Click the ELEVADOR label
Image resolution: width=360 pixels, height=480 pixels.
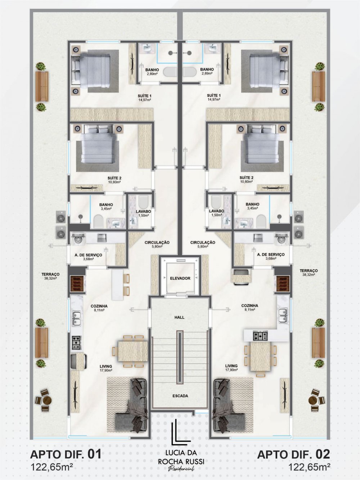pyautogui.click(x=180, y=278)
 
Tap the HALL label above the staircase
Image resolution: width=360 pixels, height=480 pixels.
pyautogui.click(x=179, y=317)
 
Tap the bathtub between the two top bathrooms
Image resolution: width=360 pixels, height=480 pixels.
pyautogui.click(x=180, y=72)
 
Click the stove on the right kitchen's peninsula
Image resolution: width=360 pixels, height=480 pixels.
pyautogui.click(x=260, y=336)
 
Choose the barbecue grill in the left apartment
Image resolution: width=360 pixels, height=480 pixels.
pyautogui.click(x=77, y=283)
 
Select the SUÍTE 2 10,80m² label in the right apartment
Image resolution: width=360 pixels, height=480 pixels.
pyautogui.click(x=246, y=179)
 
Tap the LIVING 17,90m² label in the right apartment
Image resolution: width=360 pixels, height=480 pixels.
pyautogui.click(x=231, y=372)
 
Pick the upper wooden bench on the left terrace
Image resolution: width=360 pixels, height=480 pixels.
pyautogui.click(x=42, y=86)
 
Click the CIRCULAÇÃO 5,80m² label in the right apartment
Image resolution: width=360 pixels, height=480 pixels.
pyautogui.click(x=203, y=244)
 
